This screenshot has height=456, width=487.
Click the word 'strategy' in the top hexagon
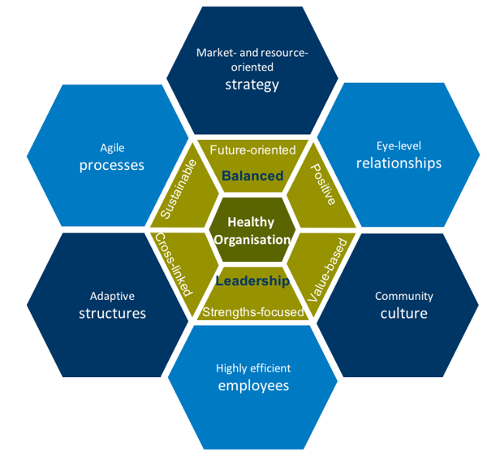click(x=252, y=85)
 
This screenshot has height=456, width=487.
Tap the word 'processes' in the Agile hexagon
click(x=112, y=165)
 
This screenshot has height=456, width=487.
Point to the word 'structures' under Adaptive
click(x=112, y=314)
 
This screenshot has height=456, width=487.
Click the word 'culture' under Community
click(x=403, y=314)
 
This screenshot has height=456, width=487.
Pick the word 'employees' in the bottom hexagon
click(x=253, y=385)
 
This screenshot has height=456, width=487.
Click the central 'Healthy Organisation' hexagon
click(x=251, y=231)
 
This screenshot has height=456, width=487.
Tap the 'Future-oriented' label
click(x=252, y=150)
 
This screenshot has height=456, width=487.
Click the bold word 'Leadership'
click(x=252, y=281)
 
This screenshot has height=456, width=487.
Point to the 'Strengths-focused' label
click(x=252, y=311)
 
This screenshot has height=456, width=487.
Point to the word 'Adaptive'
click(x=112, y=297)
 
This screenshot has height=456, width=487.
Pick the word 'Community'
click(x=403, y=297)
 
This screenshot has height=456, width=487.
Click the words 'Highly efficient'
click(x=253, y=367)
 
